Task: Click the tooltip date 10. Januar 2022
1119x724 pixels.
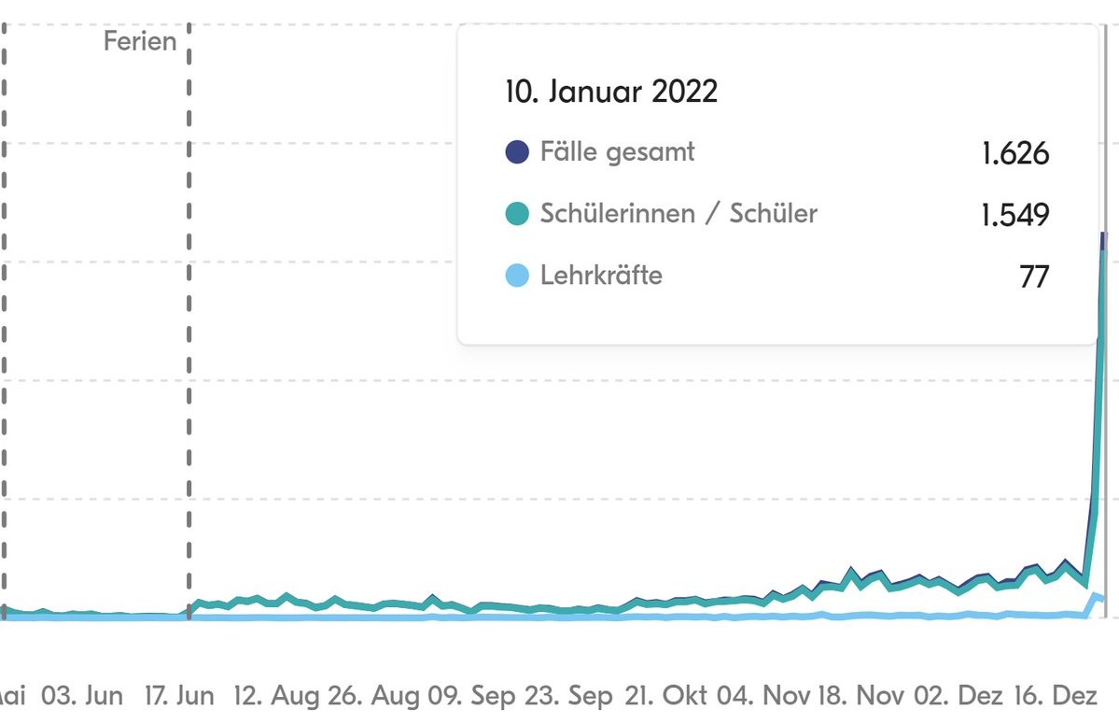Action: pyautogui.click(x=611, y=92)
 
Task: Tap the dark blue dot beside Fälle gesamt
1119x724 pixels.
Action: pyautogui.click(x=517, y=151)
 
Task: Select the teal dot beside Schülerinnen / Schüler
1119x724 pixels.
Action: pyautogui.click(x=517, y=214)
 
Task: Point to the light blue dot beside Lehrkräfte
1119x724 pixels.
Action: pyautogui.click(x=517, y=276)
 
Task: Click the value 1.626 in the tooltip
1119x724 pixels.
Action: pyautogui.click(x=1015, y=153)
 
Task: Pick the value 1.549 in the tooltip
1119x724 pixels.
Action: pyautogui.click(x=1015, y=215)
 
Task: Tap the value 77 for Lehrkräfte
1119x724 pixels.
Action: pyautogui.click(x=1034, y=277)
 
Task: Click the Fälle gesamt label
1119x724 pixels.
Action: pyautogui.click(x=617, y=151)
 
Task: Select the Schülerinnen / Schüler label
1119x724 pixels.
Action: pyautogui.click(x=678, y=213)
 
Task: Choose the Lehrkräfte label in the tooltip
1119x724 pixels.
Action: pyautogui.click(x=601, y=276)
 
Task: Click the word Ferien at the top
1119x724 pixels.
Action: pyautogui.click(x=140, y=41)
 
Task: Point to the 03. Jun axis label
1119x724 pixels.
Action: pyautogui.click(x=81, y=696)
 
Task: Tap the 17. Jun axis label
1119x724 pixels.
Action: pyautogui.click(x=180, y=696)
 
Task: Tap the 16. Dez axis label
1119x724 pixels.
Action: pyautogui.click(x=1068, y=696)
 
